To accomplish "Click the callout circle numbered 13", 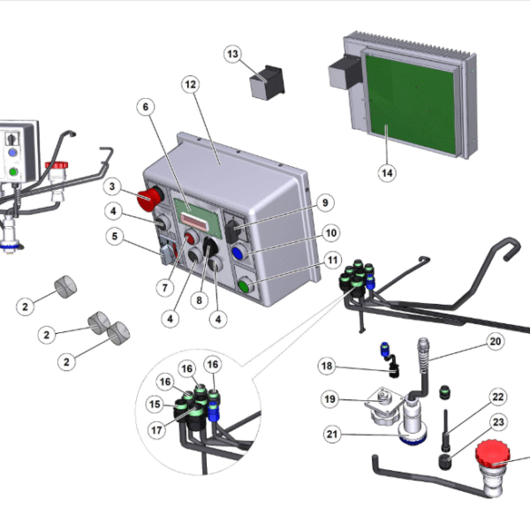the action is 233,54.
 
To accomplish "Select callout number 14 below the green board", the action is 387,173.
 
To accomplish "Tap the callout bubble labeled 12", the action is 190,85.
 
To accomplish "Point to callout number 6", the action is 146,107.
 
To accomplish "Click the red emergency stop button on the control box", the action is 149,199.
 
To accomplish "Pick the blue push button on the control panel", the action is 238,253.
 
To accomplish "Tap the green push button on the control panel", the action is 245,286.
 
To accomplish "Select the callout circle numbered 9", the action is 325,203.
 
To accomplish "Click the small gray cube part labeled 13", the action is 267,82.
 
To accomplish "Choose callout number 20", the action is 496,341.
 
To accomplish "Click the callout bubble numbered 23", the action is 498,422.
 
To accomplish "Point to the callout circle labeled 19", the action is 329,399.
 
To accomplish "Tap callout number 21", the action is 332,434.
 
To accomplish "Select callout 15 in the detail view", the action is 155,405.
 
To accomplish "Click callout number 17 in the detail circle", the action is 156,430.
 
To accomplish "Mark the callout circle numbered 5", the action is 115,236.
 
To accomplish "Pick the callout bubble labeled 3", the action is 112,186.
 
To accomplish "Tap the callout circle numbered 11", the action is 333,261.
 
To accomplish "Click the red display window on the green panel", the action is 193,222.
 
